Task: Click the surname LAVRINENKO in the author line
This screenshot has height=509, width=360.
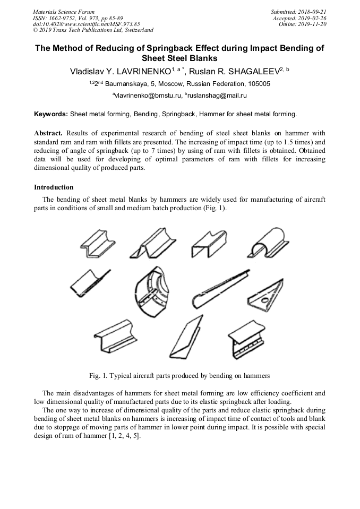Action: [140, 72]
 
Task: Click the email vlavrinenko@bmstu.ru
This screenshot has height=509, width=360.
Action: [148, 96]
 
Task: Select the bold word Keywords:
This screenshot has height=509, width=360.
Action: [51, 114]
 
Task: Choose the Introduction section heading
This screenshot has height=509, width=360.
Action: [54, 187]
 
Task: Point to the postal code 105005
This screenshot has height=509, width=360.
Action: [258, 84]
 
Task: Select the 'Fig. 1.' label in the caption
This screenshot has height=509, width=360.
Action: [99, 376]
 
